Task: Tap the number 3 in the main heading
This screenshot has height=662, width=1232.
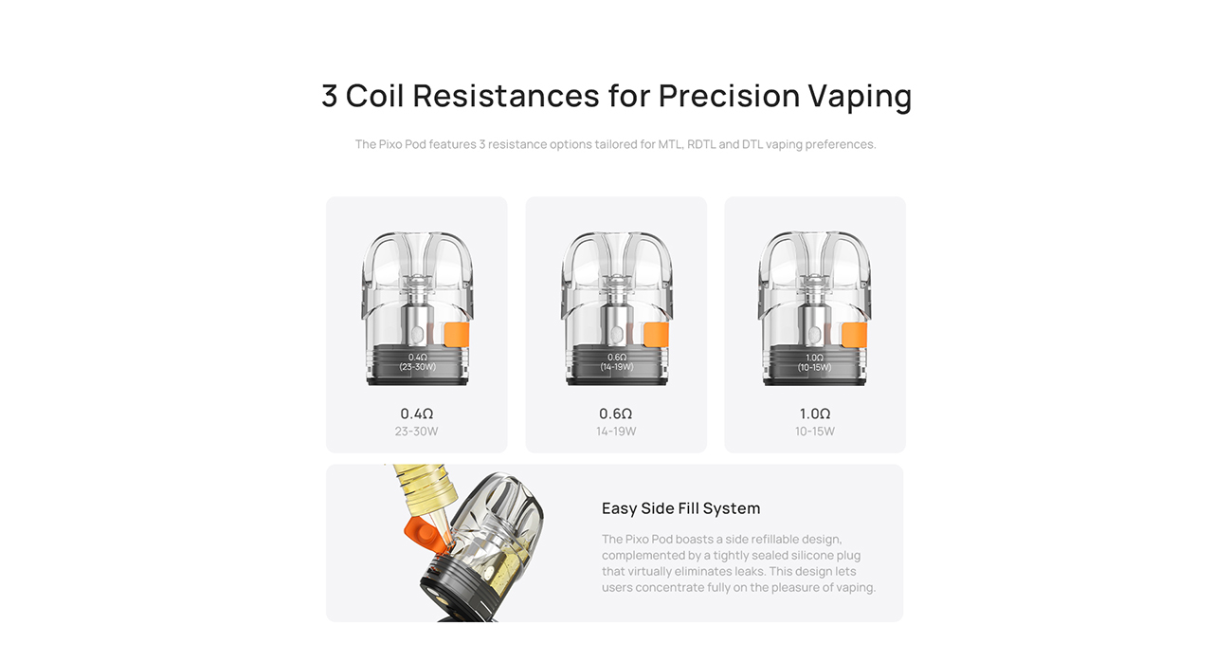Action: [x=329, y=96]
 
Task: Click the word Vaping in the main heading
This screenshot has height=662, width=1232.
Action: [x=860, y=96]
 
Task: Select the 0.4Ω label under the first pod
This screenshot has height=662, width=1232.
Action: [x=417, y=414]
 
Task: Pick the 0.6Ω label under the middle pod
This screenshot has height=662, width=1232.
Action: [x=616, y=414]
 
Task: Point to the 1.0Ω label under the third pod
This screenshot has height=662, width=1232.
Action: [x=815, y=414]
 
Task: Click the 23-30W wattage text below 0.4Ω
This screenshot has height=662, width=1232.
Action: [x=417, y=432]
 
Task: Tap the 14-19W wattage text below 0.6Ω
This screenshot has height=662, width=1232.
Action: [x=616, y=432]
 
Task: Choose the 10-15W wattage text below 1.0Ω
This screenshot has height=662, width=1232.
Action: [x=815, y=432]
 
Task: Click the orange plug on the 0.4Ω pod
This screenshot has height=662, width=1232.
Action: [x=458, y=335]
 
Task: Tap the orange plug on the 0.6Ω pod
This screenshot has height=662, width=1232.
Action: [x=656, y=335]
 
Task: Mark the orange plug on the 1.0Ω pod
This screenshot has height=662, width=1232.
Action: [x=854, y=335]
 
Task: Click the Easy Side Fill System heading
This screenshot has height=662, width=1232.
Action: [x=680, y=508]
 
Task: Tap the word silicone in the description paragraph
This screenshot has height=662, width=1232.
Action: [x=808, y=555]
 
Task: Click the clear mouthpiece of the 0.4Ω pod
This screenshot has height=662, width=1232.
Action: [x=417, y=256]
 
